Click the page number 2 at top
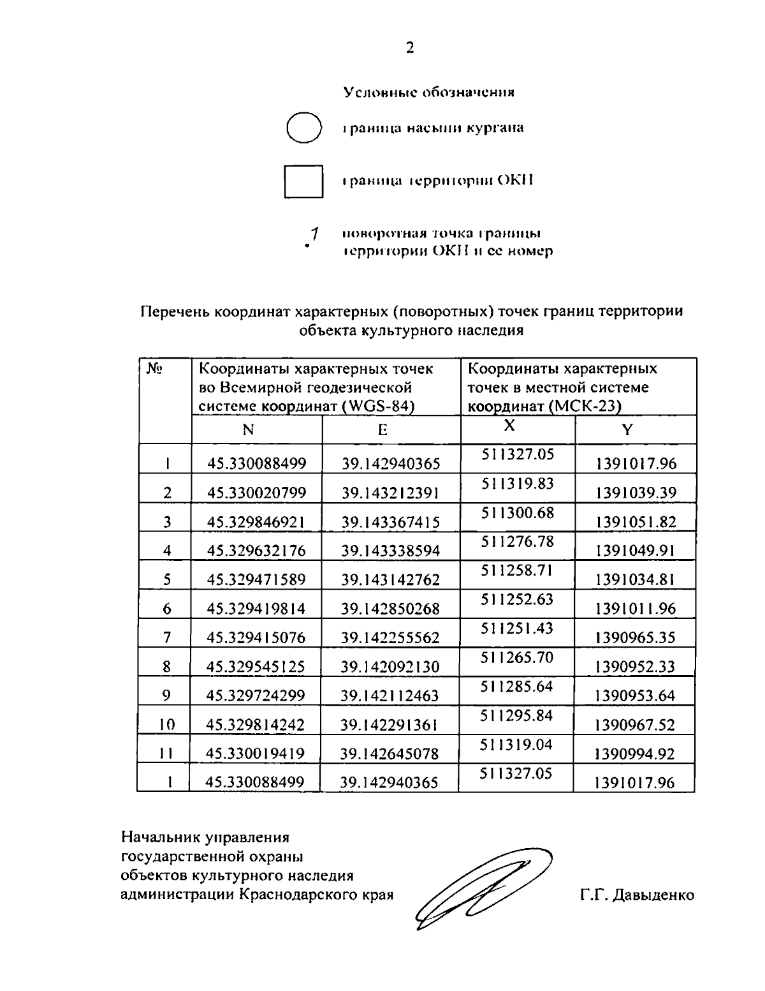pyautogui.click(x=410, y=48)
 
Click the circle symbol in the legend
pyautogui.click(x=303, y=128)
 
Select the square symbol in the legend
pyautogui.click(x=303, y=181)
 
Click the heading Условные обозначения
pyautogui.click(x=429, y=93)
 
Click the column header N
pyautogui.click(x=249, y=430)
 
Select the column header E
pyautogui.click(x=382, y=430)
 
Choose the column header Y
pyautogui.click(x=627, y=430)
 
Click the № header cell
pyautogui.click(x=154, y=369)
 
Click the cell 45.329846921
pyautogui.click(x=256, y=522)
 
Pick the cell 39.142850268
pyautogui.click(x=390, y=609)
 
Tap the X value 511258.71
pyautogui.click(x=517, y=570)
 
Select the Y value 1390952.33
pyautogui.click(x=634, y=667)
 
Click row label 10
pyautogui.click(x=166, y=724)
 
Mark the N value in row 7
pyautogui.click(x=256, y=637)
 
